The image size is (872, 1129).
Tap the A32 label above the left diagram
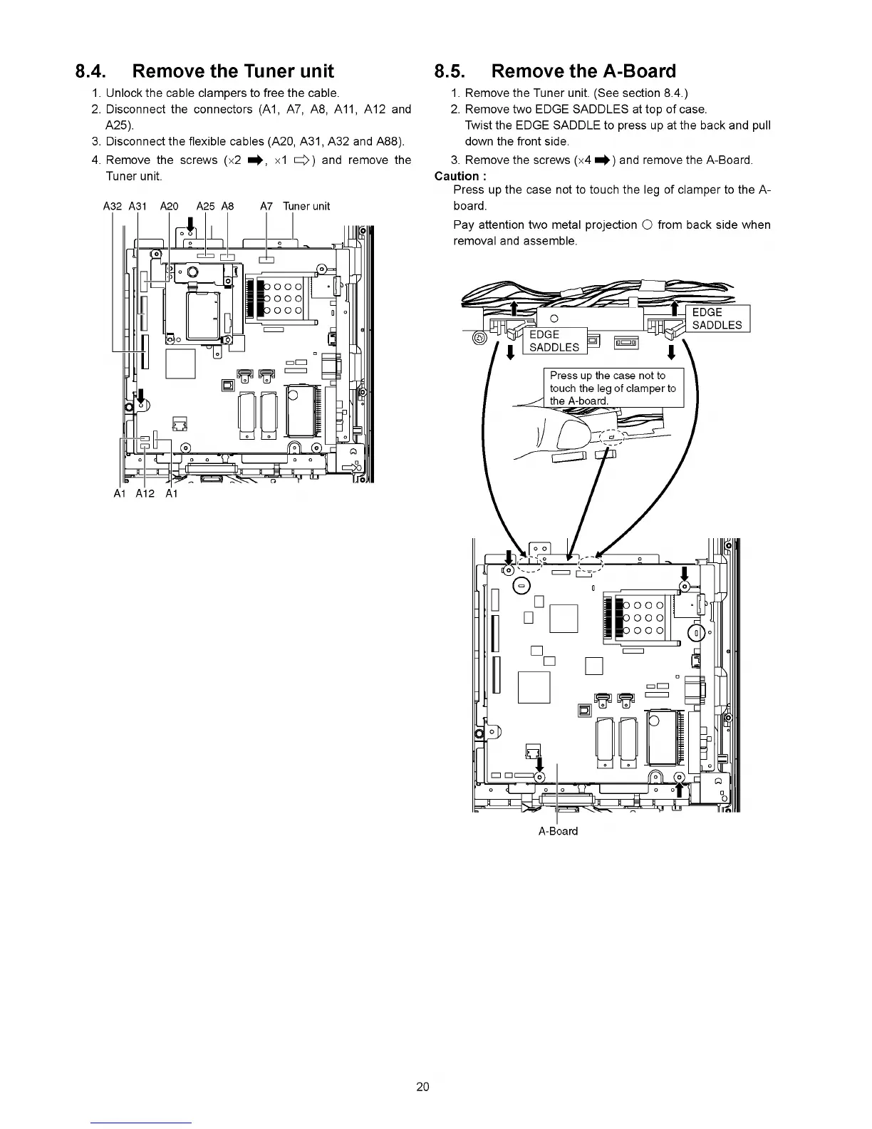tap(113, 207)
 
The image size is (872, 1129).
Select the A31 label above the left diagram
tap(137, 207)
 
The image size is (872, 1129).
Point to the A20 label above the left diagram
tap(169, 207)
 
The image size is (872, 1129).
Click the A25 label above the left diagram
tap(205, 207)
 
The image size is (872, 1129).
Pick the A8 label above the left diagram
tap(227, 207)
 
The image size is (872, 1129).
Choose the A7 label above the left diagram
tap(266, 207)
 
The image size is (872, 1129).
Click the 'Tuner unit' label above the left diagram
tap(306, 207)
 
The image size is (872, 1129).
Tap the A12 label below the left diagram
tap(145, 494)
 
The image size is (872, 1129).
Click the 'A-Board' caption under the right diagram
tap(558, 831)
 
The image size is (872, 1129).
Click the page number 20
tap(422, 1087)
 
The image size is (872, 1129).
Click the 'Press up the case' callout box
tap(613, 388)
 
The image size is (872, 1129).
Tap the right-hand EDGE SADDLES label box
tap(717, 319)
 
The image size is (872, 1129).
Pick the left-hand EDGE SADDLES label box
tap(554, 341)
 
